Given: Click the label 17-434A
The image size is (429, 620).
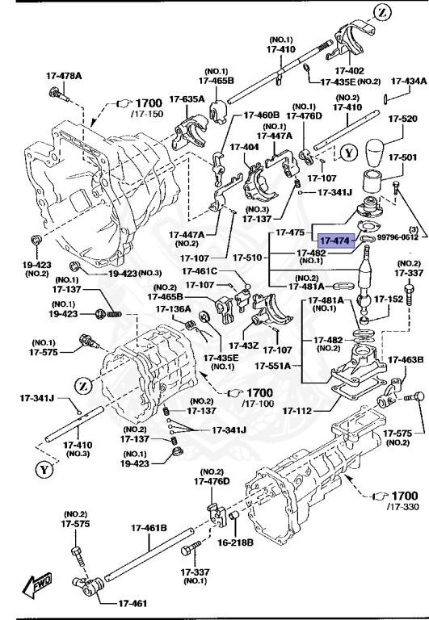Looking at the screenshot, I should [x=410, y=82].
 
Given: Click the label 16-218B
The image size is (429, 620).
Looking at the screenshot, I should [x=235, y=542].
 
